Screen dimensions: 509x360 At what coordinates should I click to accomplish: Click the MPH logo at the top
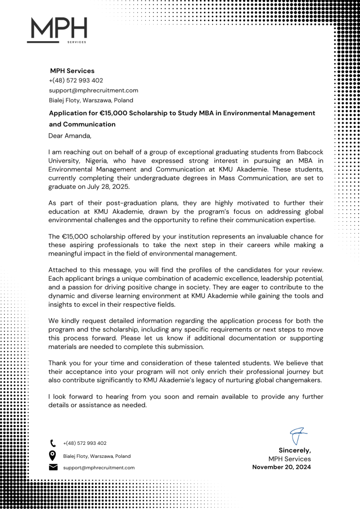[57, 30]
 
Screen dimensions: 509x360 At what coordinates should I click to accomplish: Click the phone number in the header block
[76, 81]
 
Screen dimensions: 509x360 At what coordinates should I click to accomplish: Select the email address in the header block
[93, 90]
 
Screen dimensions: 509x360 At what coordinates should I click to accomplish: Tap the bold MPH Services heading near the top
[72, 71]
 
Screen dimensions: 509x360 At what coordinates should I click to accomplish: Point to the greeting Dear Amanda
[70, 135]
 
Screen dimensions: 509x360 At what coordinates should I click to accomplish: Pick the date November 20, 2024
[281, 467]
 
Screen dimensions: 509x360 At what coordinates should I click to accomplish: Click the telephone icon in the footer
[53, 443]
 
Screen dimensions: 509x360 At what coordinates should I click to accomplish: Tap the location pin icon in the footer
[53, 455]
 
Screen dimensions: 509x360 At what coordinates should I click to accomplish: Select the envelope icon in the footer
[53, 467]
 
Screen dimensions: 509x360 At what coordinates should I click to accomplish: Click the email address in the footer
[99, 468]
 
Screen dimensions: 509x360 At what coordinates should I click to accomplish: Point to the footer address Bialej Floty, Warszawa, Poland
[97, 456]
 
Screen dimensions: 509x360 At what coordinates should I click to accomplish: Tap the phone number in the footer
[85, 443]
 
